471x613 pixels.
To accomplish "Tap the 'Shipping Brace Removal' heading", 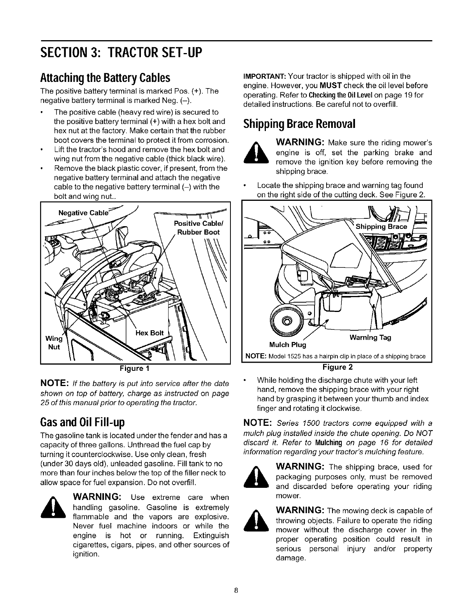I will click(x=299, y=124).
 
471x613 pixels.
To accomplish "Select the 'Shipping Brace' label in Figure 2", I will click(x=381, y=227).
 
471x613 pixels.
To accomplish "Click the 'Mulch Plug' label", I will click(x=288, y=345).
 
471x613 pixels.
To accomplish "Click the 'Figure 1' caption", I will click(x=135, y=368).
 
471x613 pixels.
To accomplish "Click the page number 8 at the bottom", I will click(x=235, y=590).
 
